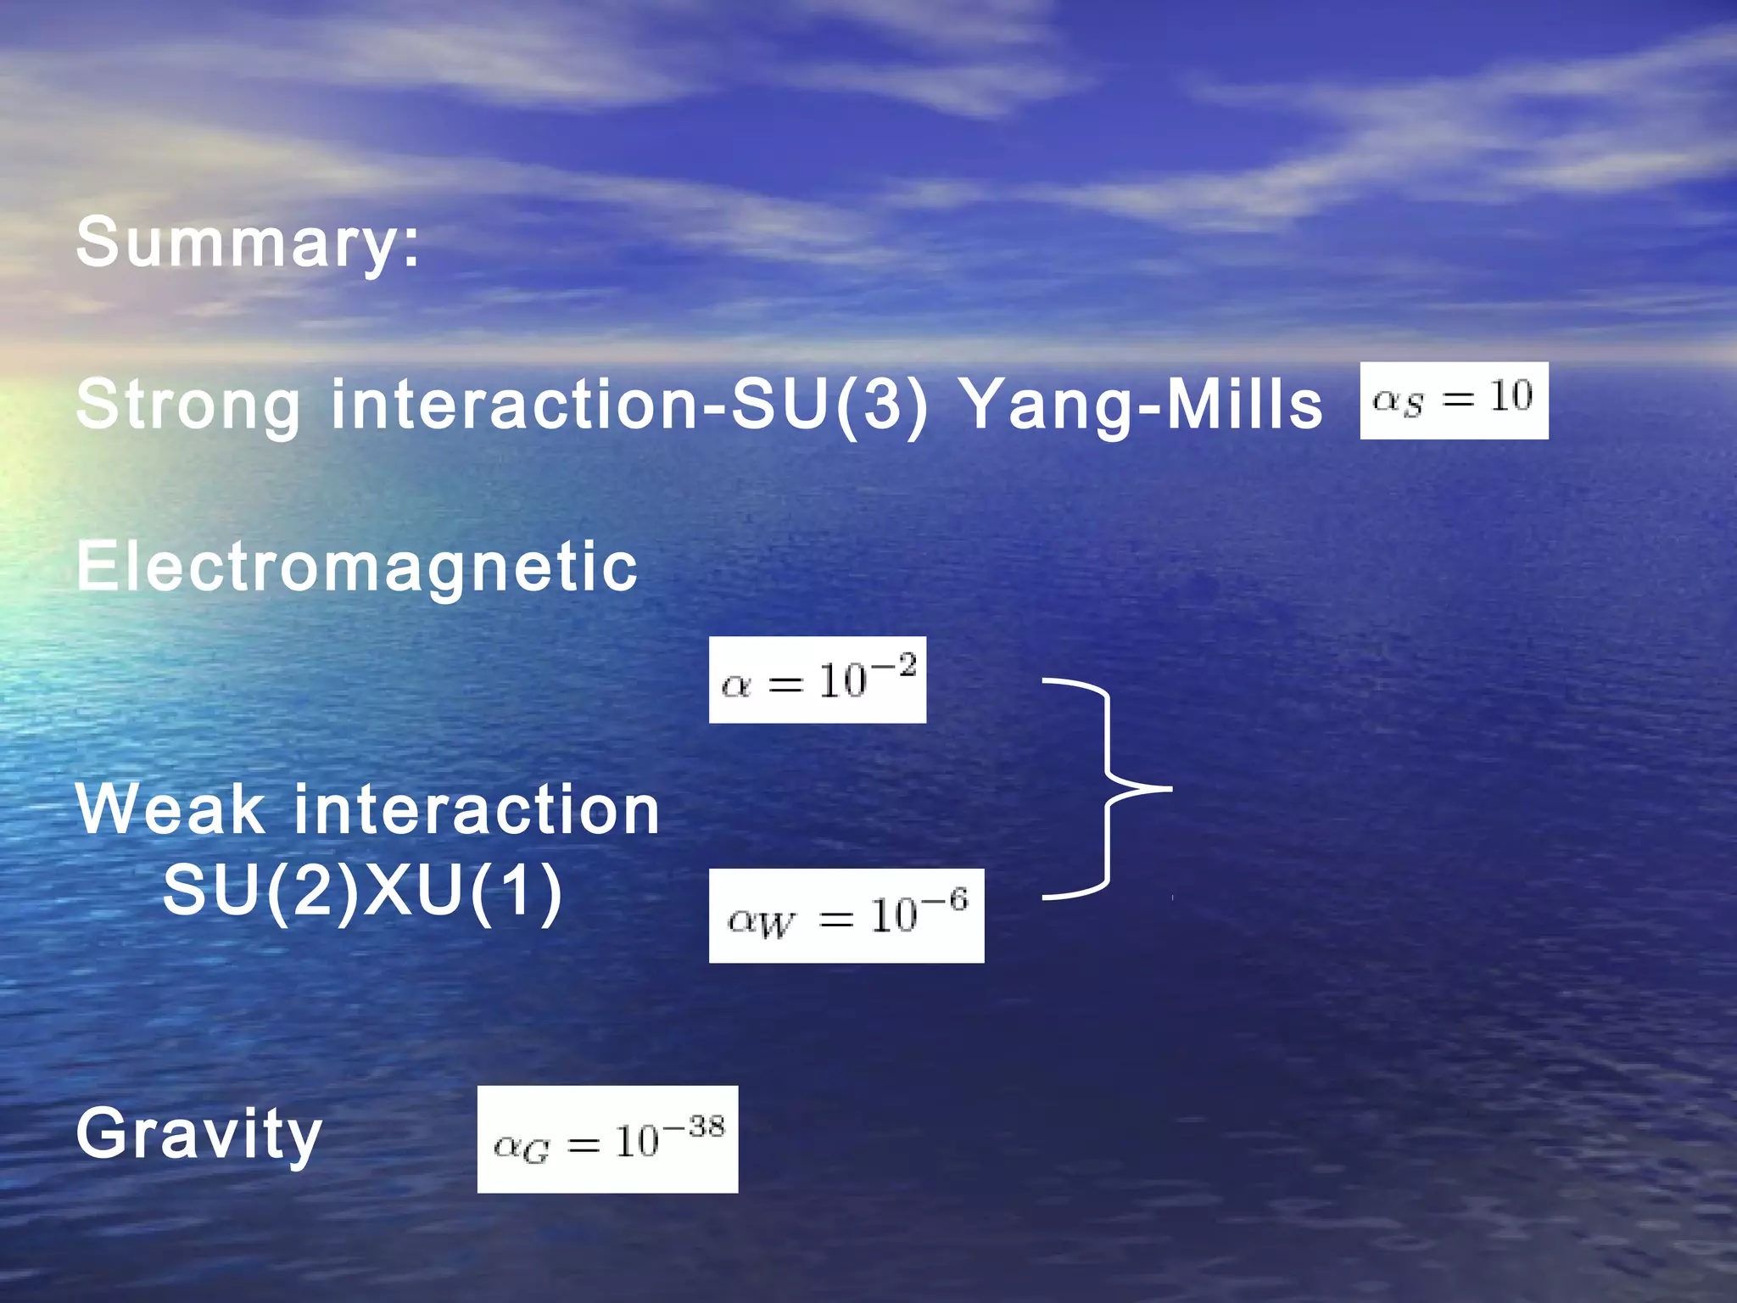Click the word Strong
(x=188, y=405)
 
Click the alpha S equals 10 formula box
(x=1453, y=400)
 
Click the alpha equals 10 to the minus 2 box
(x=817, y=680)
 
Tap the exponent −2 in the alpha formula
(x=895, y=666)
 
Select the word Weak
(x=170, y=810)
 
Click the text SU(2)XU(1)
(x=362, y=891)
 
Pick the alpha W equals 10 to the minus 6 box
(x=846, y=916)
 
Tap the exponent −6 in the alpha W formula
(x=946, y=901)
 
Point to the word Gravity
(x=198, y=1134)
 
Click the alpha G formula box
(x=607, y=1139)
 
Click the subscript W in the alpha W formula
(x=776, y=926)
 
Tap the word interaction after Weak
(x=476, y=810)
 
